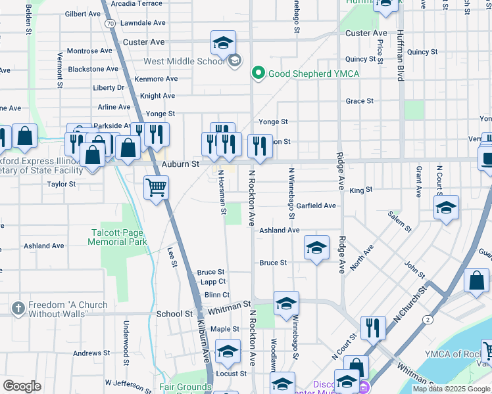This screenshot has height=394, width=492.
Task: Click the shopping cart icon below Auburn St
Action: pos(157,188)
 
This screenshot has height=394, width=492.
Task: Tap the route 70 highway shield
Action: pos(110,24)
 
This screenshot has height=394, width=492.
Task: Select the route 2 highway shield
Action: pos(428,320)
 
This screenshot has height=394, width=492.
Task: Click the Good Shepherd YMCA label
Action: pos(312,74)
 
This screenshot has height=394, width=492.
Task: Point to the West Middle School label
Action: pos(184,62)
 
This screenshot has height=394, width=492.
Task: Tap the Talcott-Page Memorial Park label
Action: pos(118,237)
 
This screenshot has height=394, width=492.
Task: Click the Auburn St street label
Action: pos(176,164)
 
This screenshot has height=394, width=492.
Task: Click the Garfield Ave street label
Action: pos(316,206)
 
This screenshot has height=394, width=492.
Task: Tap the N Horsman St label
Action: pos(222,192)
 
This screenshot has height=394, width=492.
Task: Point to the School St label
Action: pos(174,314)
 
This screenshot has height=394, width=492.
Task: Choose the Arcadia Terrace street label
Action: pos(137,3)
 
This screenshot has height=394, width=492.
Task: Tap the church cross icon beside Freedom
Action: pos(18,307)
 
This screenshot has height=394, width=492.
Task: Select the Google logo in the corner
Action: pos(22,386)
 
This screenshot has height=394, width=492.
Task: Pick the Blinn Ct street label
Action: pos(217,295)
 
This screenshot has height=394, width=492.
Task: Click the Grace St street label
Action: pos(360,101)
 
